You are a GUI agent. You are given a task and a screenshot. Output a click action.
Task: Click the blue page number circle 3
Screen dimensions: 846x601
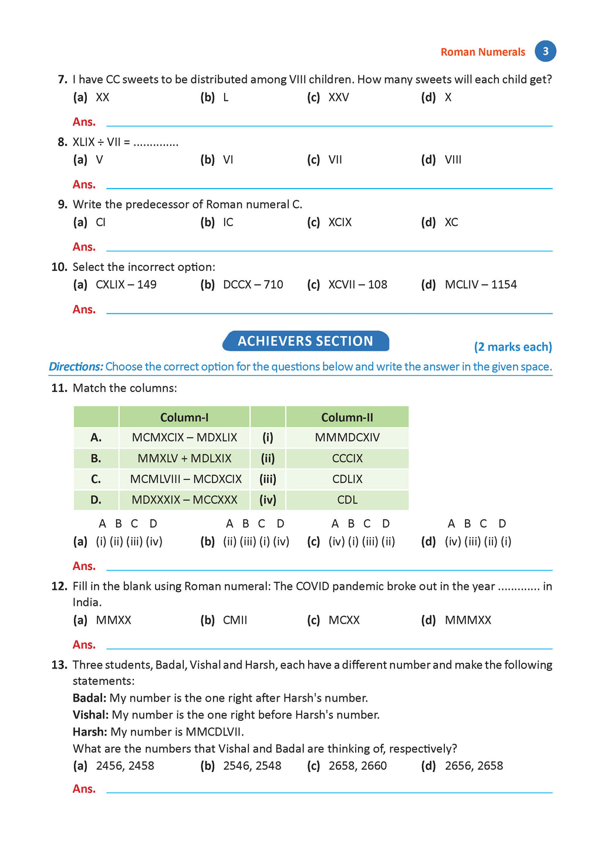point(545,51)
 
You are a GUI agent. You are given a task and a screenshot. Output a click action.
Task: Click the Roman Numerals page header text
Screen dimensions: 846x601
point(482,52)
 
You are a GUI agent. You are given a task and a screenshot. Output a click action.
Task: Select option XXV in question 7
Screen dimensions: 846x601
point(339,98)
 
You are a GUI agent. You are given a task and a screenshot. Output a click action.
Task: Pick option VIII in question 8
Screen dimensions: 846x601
point(453,160)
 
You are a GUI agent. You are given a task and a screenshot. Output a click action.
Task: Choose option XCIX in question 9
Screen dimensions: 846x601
point(340,223)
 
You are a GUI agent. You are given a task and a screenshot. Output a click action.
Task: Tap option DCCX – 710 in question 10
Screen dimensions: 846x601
point(252,285)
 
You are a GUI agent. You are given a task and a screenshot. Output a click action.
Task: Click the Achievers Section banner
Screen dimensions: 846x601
point(305,341)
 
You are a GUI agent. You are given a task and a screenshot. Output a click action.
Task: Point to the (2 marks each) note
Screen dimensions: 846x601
point(513,347)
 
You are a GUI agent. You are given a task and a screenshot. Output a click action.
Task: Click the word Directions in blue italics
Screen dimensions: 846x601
point(76,367)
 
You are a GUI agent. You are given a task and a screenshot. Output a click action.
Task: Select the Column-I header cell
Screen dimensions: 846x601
point(184,418)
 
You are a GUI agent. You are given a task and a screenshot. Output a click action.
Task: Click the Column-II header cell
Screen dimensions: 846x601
point(347,418)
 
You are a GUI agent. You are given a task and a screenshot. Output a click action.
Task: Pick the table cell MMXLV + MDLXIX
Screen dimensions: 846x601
point(184,459)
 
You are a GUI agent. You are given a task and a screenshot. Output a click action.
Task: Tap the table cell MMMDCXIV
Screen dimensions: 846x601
point(347,438)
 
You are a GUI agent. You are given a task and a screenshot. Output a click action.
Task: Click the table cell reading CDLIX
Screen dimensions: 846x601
point(347,479)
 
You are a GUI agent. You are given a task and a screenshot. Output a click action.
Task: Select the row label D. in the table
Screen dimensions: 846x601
point(96,501)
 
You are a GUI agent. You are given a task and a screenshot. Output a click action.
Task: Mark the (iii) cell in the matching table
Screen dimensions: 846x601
point(268,479)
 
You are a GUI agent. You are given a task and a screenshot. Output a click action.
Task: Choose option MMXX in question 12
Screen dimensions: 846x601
point(113,620)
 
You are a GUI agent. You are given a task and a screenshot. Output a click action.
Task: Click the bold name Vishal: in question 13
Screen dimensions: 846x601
point(90,715)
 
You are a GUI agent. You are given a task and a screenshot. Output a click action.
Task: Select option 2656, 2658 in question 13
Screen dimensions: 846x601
point(474,766)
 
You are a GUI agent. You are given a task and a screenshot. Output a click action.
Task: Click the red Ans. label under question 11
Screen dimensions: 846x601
point(84,566)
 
